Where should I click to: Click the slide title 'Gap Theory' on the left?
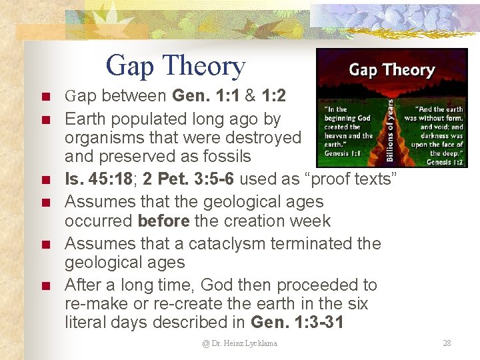coord(175,66)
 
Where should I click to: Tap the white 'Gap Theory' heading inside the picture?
coord(391,69)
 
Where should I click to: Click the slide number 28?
coord(447,343)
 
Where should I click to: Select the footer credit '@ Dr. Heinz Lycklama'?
coord(240,343)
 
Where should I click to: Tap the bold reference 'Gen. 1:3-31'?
coord(298,322)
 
